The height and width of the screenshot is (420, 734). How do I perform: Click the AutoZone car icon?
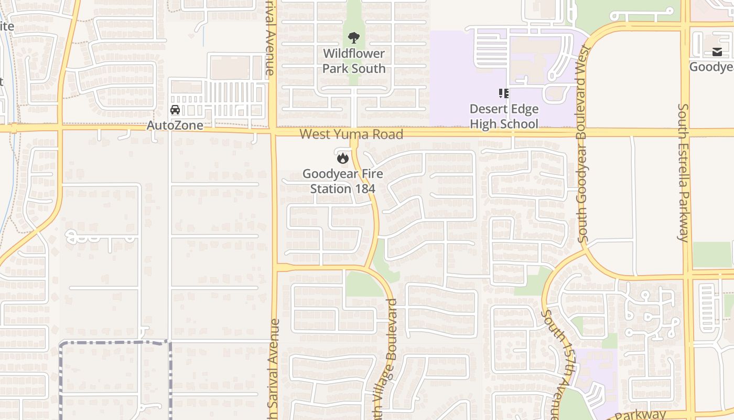[x=175, y=110]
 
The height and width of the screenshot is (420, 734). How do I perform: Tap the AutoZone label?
[x=175, y=125]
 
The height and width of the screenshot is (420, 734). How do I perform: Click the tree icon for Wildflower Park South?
[x=354, y=38]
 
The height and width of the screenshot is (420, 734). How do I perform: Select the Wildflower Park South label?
[x=354, y=61]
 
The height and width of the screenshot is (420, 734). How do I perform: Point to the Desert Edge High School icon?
[x=504, y=93]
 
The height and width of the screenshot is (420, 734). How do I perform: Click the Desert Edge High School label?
[x=504, y=117]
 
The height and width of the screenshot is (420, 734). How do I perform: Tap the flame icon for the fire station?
[x=343, y=157]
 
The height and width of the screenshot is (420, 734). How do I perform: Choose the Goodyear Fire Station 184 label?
[x=343, y=181]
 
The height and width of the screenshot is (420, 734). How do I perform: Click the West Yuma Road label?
[x=351, y=134]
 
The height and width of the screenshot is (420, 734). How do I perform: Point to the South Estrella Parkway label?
[x=683, y=172]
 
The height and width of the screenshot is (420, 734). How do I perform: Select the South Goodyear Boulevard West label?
[x=584, y=144]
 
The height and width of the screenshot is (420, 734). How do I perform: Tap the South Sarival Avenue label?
[x=274, y=367]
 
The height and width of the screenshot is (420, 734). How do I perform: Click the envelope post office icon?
[x=717, y=52]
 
